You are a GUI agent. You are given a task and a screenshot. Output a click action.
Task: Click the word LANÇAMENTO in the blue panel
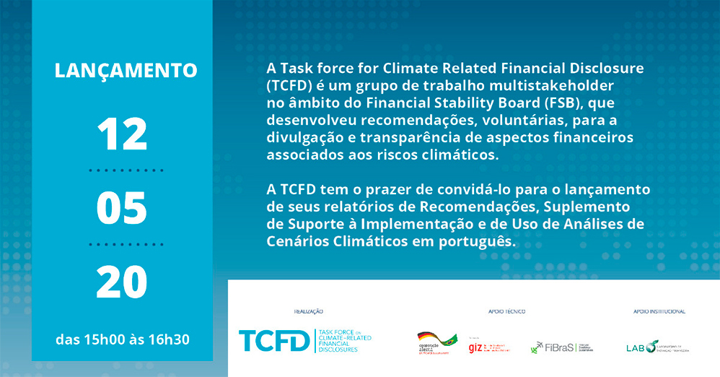point(126,70)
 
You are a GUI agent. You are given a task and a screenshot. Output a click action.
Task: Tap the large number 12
point(122,134)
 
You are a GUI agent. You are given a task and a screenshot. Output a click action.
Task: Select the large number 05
point(122,208)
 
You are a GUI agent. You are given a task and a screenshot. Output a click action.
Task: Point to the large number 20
point(122,283)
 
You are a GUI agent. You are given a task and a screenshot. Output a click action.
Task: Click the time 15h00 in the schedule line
point(102,339)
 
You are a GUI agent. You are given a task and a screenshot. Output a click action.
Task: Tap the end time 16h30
point(168,339)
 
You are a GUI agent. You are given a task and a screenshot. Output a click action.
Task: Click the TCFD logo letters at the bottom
point(273,340)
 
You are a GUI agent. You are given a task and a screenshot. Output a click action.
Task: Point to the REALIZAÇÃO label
point(308,311)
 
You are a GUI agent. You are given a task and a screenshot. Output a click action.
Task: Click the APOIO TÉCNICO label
point(506,311)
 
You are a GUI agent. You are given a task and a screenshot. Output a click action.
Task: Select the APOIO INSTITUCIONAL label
point(659,311)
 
